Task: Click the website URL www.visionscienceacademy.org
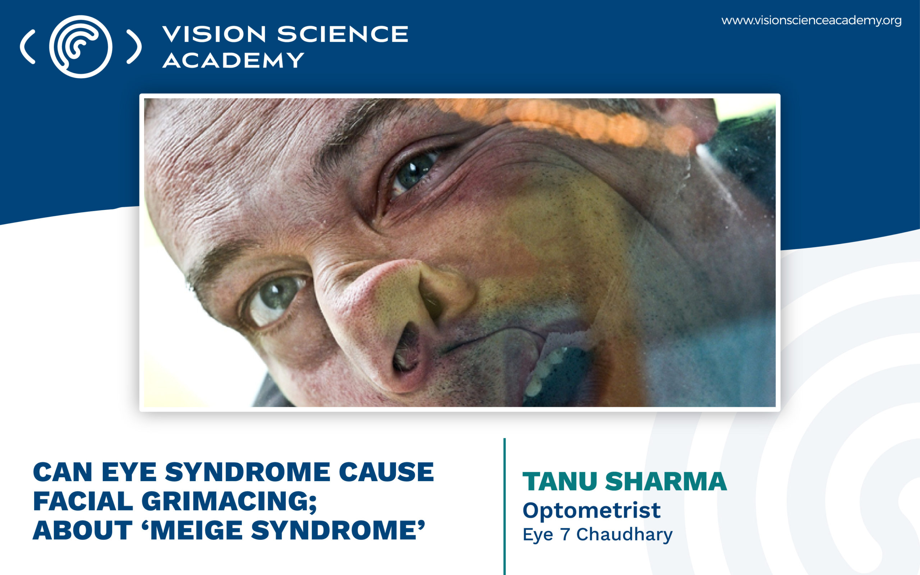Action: point(811,20)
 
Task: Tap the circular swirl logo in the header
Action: point(80,46)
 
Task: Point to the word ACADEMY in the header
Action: point(233,60)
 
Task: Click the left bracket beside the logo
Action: point(27,46)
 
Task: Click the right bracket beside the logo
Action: point(134,46)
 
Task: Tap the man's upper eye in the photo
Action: point(414,171)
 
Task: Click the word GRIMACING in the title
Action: point(229,501)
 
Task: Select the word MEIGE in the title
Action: point(196,530)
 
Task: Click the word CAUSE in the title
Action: point(386,472)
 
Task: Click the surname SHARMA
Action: point(666,482)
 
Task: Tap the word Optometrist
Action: point(592,510)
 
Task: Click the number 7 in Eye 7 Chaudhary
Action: point(565,534)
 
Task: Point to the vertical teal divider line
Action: point(505,506)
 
